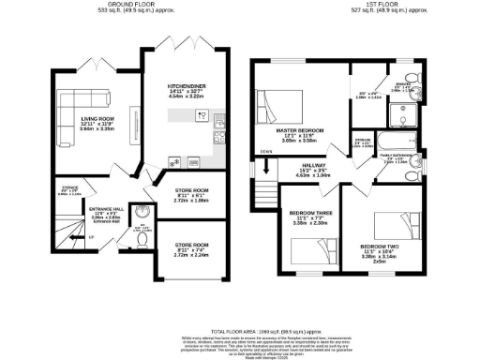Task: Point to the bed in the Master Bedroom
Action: point(277,100)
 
